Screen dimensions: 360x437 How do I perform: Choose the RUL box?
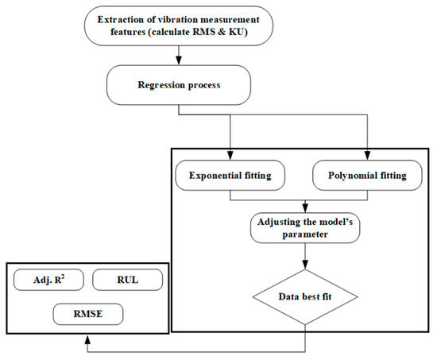(x=127, y=280)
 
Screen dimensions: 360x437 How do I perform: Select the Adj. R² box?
(x=47, y=280)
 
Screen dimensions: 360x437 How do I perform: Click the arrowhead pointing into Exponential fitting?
(x=230, y=151)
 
